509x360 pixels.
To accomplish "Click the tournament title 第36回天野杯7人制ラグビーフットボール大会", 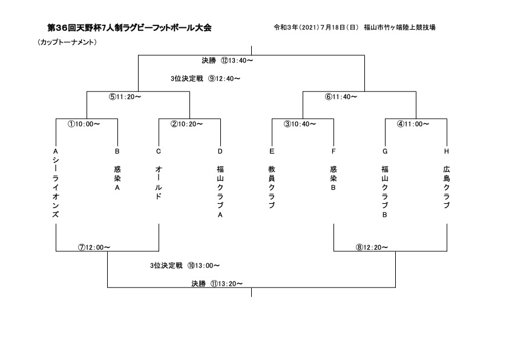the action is (129, 28).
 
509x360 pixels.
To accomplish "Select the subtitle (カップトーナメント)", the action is (67, 42).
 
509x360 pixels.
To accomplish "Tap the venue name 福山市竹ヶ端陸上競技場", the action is (399, 28).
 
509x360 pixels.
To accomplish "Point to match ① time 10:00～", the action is (84, 124).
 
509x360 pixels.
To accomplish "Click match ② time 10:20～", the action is (186, 124).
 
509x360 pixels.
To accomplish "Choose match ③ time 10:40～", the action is (300, 124).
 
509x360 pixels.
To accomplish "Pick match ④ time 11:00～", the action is (413, 124).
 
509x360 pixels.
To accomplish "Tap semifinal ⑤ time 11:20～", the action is (125, 97).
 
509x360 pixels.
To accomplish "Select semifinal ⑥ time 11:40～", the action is (341, 97).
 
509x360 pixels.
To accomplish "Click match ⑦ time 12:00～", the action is (94, 247).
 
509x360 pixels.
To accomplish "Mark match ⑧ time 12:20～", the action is (372, 247).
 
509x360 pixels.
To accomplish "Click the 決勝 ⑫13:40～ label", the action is (227, 61).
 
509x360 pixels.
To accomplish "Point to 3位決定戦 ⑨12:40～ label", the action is (206, 79).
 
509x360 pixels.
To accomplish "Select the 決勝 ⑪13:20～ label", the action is (217, 284).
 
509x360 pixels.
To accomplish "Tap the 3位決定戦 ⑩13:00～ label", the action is (185, 266).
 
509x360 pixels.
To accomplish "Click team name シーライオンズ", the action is (56, 188).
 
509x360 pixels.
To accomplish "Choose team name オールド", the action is (159, 183).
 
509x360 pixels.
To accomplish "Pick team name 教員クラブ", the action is (272, 188).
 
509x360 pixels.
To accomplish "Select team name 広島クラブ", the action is (447, 188).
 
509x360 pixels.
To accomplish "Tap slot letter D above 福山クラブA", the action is (220, 151).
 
